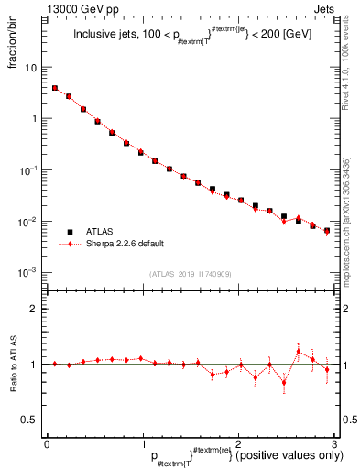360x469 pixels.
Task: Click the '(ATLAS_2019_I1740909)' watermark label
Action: [190, 273]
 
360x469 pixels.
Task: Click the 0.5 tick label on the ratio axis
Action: [32, 420]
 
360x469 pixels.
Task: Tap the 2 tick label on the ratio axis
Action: [36, 309]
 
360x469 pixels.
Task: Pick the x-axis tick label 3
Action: [333, 443]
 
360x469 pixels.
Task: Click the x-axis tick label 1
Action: [142, 443]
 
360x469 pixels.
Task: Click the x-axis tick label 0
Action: [47, 443]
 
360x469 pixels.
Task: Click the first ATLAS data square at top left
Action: [55, 89]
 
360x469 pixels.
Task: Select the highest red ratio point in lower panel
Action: [299, 351]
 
